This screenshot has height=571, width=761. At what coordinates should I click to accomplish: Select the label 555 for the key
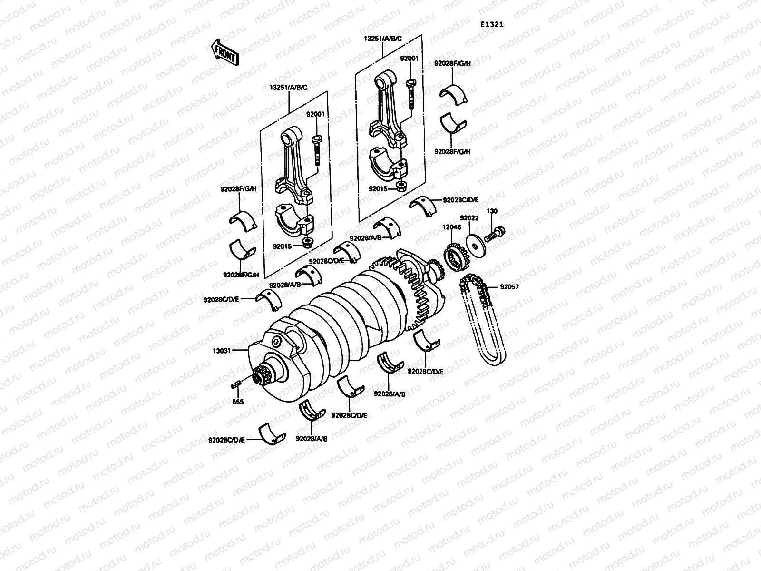pyautogui.click(x=238, y=402)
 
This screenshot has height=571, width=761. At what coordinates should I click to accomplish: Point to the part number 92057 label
pyautogui.click(x=509, y=287)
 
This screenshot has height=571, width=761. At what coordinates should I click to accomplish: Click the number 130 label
pyautogui.click(x=492, y=211)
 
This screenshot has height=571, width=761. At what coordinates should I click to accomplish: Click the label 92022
pyautogui.click(x=469, y=218)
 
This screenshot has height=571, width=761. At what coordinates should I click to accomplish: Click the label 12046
pyautogui.click(x=452, y=227)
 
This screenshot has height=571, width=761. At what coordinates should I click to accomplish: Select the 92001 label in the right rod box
pyautogui.click(x=409, y=59)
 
